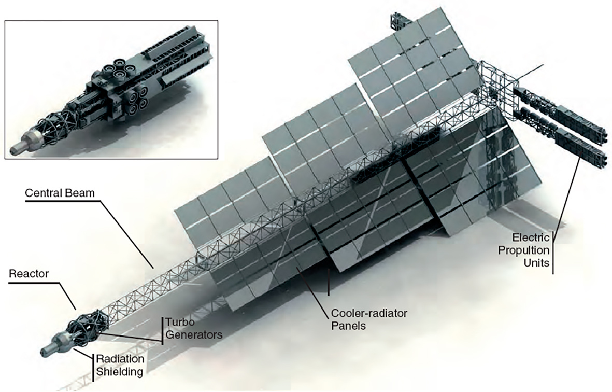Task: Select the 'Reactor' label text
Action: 29,274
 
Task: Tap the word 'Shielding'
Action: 119,371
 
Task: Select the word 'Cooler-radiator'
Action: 369,313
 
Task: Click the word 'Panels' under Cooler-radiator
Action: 349,326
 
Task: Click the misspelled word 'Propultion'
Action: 524,250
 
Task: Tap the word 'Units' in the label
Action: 536,263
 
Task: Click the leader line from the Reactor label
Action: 62,295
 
